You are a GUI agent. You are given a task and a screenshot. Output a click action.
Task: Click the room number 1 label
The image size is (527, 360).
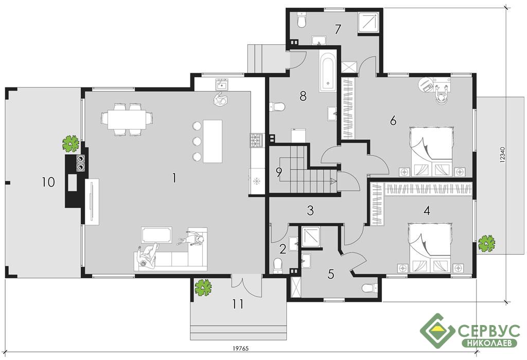(x=174, y=178)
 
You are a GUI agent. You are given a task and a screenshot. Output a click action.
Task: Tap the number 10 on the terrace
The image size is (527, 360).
(x=48, y=182)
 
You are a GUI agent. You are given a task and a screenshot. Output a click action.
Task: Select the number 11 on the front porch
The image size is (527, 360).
(x=238, y=304)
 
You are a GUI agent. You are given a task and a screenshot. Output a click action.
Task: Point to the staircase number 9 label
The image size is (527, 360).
(x=278, y=172)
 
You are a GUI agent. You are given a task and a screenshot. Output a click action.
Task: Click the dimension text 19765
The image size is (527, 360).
(x=241, y=349)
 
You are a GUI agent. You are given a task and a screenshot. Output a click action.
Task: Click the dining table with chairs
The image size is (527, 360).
(x=127, y=119)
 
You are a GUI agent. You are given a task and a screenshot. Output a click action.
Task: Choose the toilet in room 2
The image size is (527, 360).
(x=278, y=264)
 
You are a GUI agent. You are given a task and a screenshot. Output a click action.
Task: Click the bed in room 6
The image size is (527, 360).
(x=432, y=151)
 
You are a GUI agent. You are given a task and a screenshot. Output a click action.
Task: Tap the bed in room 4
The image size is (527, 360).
(x=430, y=247)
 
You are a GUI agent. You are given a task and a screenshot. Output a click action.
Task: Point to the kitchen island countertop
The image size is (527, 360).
(x=212, y=141)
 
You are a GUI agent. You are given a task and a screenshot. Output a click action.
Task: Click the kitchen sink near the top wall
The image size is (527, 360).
(x=222, y=84)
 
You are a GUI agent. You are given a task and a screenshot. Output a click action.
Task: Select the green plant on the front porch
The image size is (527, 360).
(x=203, y=287)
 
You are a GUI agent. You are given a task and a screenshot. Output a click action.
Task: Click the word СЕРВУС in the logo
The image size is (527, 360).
(x=489, y=331)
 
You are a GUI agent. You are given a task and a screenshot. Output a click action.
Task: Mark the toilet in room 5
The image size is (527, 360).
(x=371, y=288)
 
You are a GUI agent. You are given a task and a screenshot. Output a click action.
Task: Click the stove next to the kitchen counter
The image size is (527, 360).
(x=256, y=140)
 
